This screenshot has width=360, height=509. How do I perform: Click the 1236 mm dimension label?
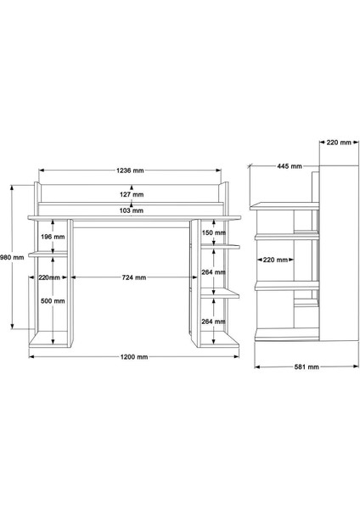click(x=131, y=171)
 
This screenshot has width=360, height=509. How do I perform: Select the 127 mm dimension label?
click(x=131, y=194)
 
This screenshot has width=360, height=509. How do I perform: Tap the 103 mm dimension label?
click(x=131, y=210)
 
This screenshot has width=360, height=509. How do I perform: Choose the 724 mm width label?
click(x=131, y=277)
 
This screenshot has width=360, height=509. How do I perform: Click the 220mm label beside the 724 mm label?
click(x=51, y=277)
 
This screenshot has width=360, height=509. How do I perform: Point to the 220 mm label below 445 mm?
click(x=275, y=260)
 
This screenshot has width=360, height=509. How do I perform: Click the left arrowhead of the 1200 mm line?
click(x=31, y=357)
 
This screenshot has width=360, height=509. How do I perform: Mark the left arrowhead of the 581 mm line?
click(x=256, y=368)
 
